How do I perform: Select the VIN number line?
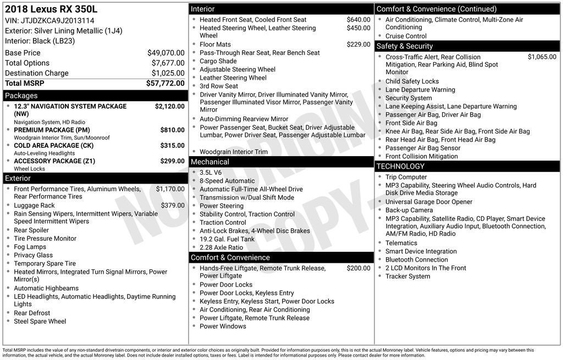tap(49, 20)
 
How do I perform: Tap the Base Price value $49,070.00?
tap(165, 53)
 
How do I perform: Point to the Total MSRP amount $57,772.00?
tap(165, 83)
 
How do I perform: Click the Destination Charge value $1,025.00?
tap(168, 73)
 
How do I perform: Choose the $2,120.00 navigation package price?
tap(169, 106)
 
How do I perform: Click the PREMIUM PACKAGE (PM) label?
tap(52, 130)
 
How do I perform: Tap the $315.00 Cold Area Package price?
tap(172, 145)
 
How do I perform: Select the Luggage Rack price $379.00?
tap(173, 205)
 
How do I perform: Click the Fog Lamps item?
tap(30, 247)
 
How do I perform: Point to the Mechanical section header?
tap(209, 162)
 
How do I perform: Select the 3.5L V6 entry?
tap(211, 173)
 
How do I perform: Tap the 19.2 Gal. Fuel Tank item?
tap(227, 239)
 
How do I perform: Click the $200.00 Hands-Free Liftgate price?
tap(358, 268)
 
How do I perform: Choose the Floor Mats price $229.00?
tap(358, 45)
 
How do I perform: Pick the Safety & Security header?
tap(404, 46)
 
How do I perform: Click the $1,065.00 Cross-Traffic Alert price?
tap(542, 57)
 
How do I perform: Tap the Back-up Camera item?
tap(409, 210)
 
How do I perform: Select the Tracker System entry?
tap(407, 276)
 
